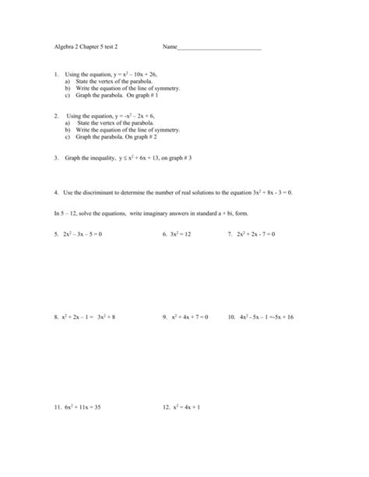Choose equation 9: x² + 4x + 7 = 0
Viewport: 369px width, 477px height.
point(190,317)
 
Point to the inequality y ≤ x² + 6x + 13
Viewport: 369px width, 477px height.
point(144,156)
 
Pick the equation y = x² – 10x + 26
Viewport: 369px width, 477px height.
point(139,75)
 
